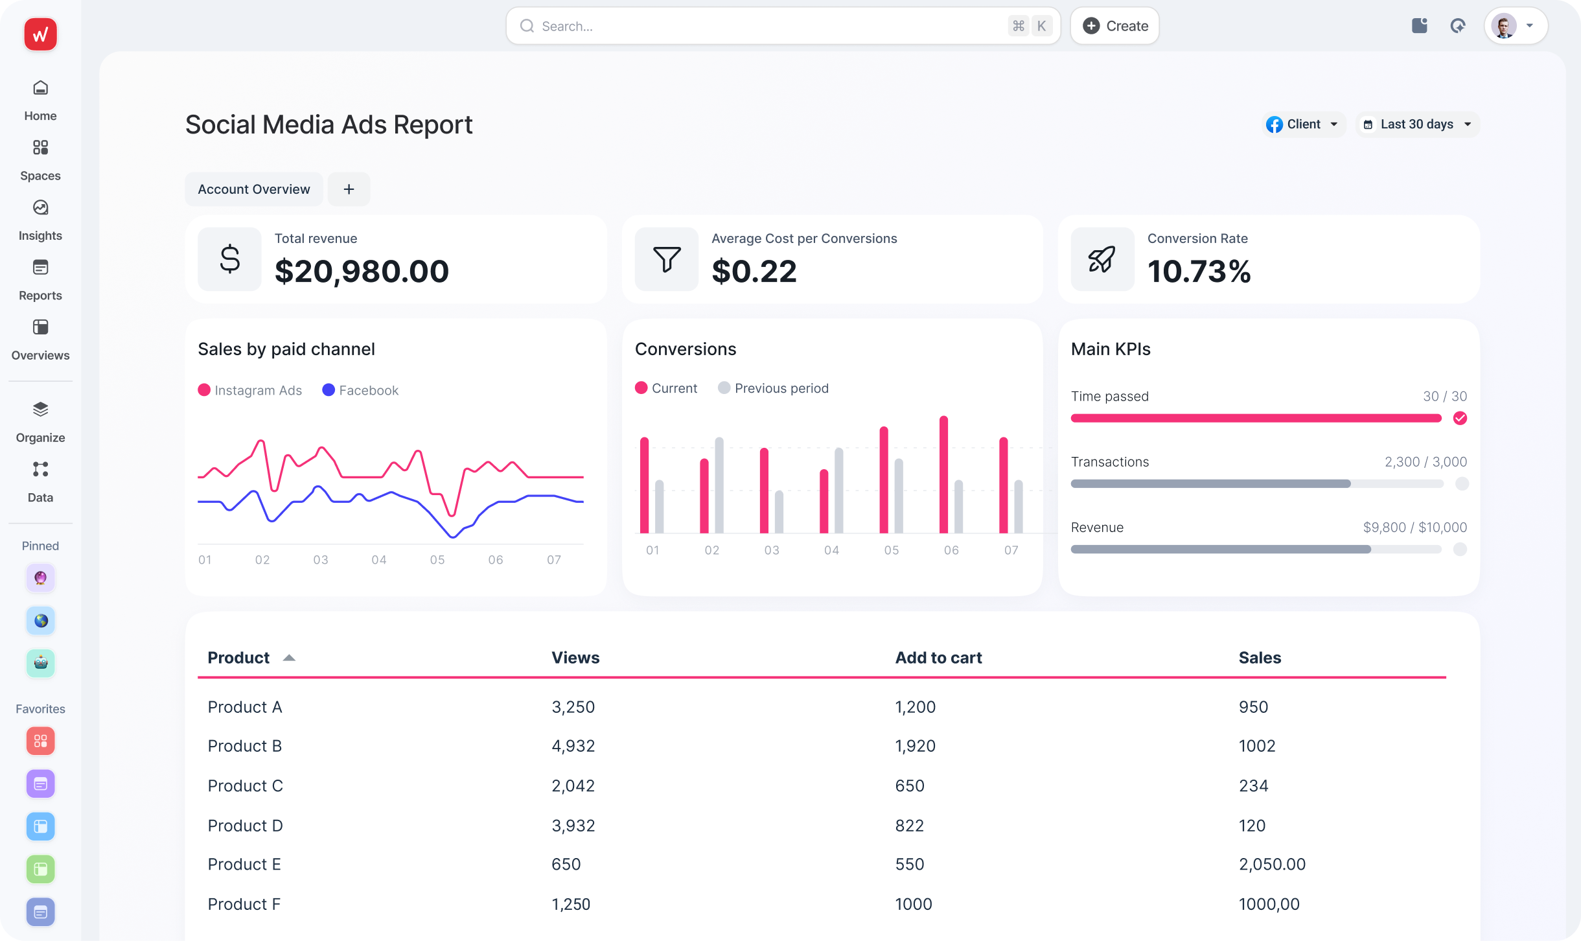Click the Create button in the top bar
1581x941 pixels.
tap(1114, 26)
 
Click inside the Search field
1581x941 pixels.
tap(765, 26)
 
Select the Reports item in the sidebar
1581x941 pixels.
tap(40, 279)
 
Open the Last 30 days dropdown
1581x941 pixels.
tap(1417, 124)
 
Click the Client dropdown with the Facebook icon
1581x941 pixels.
tap(1303, 124)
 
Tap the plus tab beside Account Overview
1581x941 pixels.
tap(349, 189)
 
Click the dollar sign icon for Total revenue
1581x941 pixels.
tap(229, 259)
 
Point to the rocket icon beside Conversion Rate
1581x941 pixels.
tap(1102, 259)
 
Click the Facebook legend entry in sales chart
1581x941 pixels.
tap(360, 390)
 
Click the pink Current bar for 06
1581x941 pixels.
tap(943, 474)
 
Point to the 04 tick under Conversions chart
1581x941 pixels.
tap(831, 550)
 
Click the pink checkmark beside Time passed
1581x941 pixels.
tap(1460, 418)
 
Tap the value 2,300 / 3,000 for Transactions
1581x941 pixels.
tap(1425, 462)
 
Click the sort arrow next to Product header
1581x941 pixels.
tap(289, 658)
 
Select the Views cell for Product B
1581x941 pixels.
tap(573, 746)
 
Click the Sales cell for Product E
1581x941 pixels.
tap(1271, 865)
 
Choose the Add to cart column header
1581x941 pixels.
tap(938, 658)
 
